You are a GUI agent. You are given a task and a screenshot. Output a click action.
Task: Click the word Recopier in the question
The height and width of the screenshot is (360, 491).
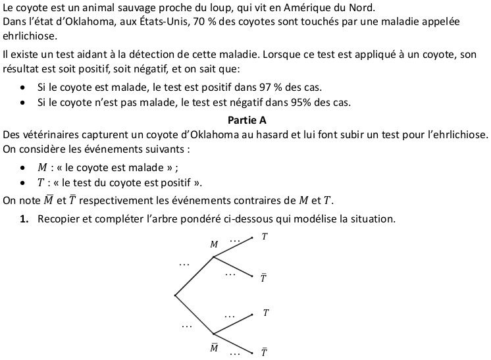tap(60, 219)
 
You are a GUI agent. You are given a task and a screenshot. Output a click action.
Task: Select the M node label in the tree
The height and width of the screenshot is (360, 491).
tap(214, 244)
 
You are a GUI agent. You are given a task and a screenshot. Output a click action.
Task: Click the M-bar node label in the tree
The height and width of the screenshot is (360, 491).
tap(214, 347)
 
